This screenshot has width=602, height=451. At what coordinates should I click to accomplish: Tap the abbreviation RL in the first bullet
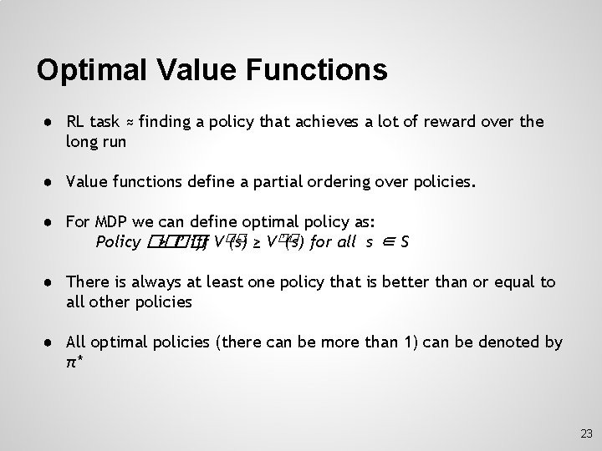76,122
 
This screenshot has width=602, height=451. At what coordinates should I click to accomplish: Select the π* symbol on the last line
74,363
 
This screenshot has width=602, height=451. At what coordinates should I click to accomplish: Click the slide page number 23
585,433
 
